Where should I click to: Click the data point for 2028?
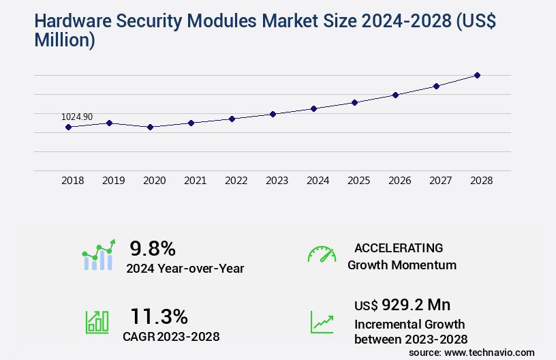(477, 75)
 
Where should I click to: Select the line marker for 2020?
(150, 127)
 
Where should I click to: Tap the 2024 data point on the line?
(313, 108)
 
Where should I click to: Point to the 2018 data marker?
(68, 127)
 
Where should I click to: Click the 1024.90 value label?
(77, 117)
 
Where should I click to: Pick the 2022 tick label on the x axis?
(236, 181)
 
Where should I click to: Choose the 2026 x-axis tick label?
(399, 181)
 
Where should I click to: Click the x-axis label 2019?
(113, 181)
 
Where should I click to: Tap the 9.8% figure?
(153, 248)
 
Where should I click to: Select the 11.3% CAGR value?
(159, 316)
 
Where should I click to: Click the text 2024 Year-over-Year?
(185, 269)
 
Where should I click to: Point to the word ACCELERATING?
(399, 247)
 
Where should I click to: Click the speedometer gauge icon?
(322, 254)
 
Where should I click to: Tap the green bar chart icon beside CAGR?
(97, 322)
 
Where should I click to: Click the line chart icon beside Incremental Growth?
(322, 322)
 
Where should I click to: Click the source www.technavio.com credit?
(472, 352)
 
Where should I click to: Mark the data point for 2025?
(354, 102)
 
